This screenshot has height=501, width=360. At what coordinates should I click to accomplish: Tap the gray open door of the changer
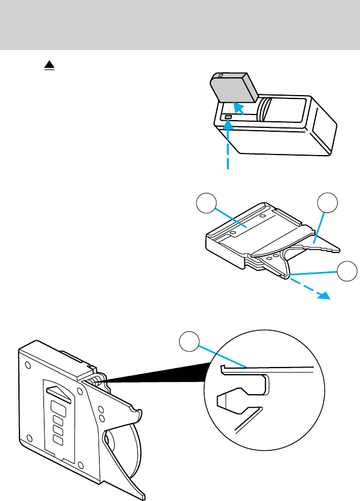tap(233, 89)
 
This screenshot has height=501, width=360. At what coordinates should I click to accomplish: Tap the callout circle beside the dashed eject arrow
tap(347, 271)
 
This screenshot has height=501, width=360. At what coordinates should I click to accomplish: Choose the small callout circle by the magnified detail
tap(190, 341)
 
